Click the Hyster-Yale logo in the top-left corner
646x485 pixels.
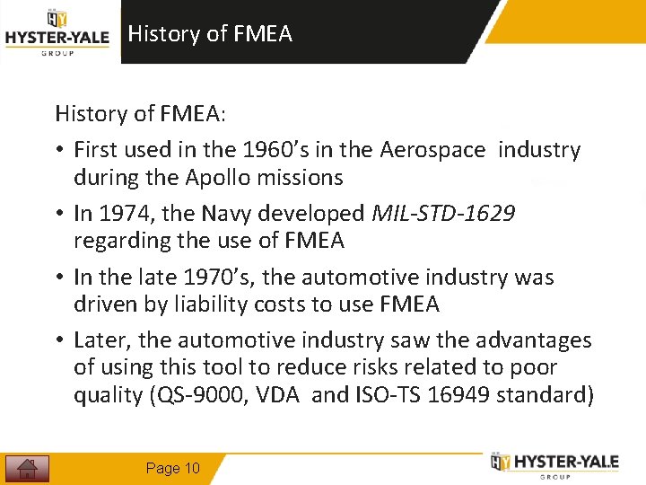tap(57, 33)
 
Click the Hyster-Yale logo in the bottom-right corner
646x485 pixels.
tap(554, 463)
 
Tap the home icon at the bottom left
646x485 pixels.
tap(28, 468)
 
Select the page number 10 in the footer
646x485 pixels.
tap(173, 468)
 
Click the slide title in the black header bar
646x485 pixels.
tap(210, 34)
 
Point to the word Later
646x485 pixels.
tap(102, 340)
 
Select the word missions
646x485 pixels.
tap(302, 177)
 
